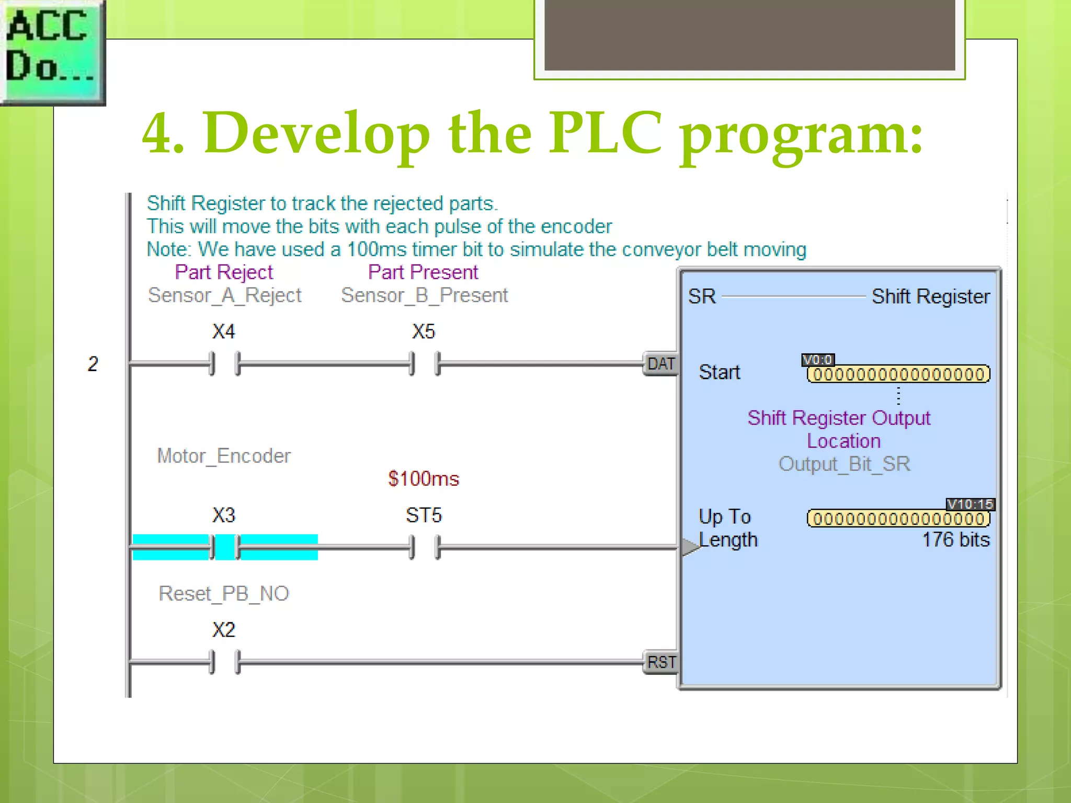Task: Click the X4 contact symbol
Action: point(225,363)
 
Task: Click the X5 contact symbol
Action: point(425,363)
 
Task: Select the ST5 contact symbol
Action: point(425,547)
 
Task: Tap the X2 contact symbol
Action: point(225,662)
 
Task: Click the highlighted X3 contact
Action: point(225,547)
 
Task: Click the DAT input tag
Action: point(660,363)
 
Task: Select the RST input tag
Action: point(661,662)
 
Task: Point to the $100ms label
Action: point(424,479)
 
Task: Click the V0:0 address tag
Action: point(818,360)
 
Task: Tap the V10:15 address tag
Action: point(970,504)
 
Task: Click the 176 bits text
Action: point(955,540)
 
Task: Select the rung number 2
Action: point(93,364)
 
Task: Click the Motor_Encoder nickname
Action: point(224,456)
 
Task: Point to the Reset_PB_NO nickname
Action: point(224,593)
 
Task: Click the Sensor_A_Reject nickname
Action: point(225,295)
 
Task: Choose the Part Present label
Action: point(423,272)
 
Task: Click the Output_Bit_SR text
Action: point(844,464)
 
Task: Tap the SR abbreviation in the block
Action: point(701,296)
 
